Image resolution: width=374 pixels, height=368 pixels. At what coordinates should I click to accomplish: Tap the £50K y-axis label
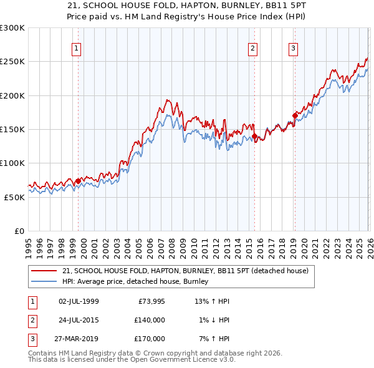(14, 197)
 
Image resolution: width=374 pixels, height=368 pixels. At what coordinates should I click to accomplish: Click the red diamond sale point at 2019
(295, 115)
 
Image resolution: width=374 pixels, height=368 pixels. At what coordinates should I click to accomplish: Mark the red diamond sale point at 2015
(254, 136)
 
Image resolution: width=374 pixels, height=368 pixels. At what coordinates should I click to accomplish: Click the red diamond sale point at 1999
(78, 181)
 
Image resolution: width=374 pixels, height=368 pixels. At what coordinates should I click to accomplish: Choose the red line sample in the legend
(44, 271)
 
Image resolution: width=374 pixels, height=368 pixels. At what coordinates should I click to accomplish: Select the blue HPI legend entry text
(135, 282)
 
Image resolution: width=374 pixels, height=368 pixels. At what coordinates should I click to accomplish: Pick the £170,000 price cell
(150, 339)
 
